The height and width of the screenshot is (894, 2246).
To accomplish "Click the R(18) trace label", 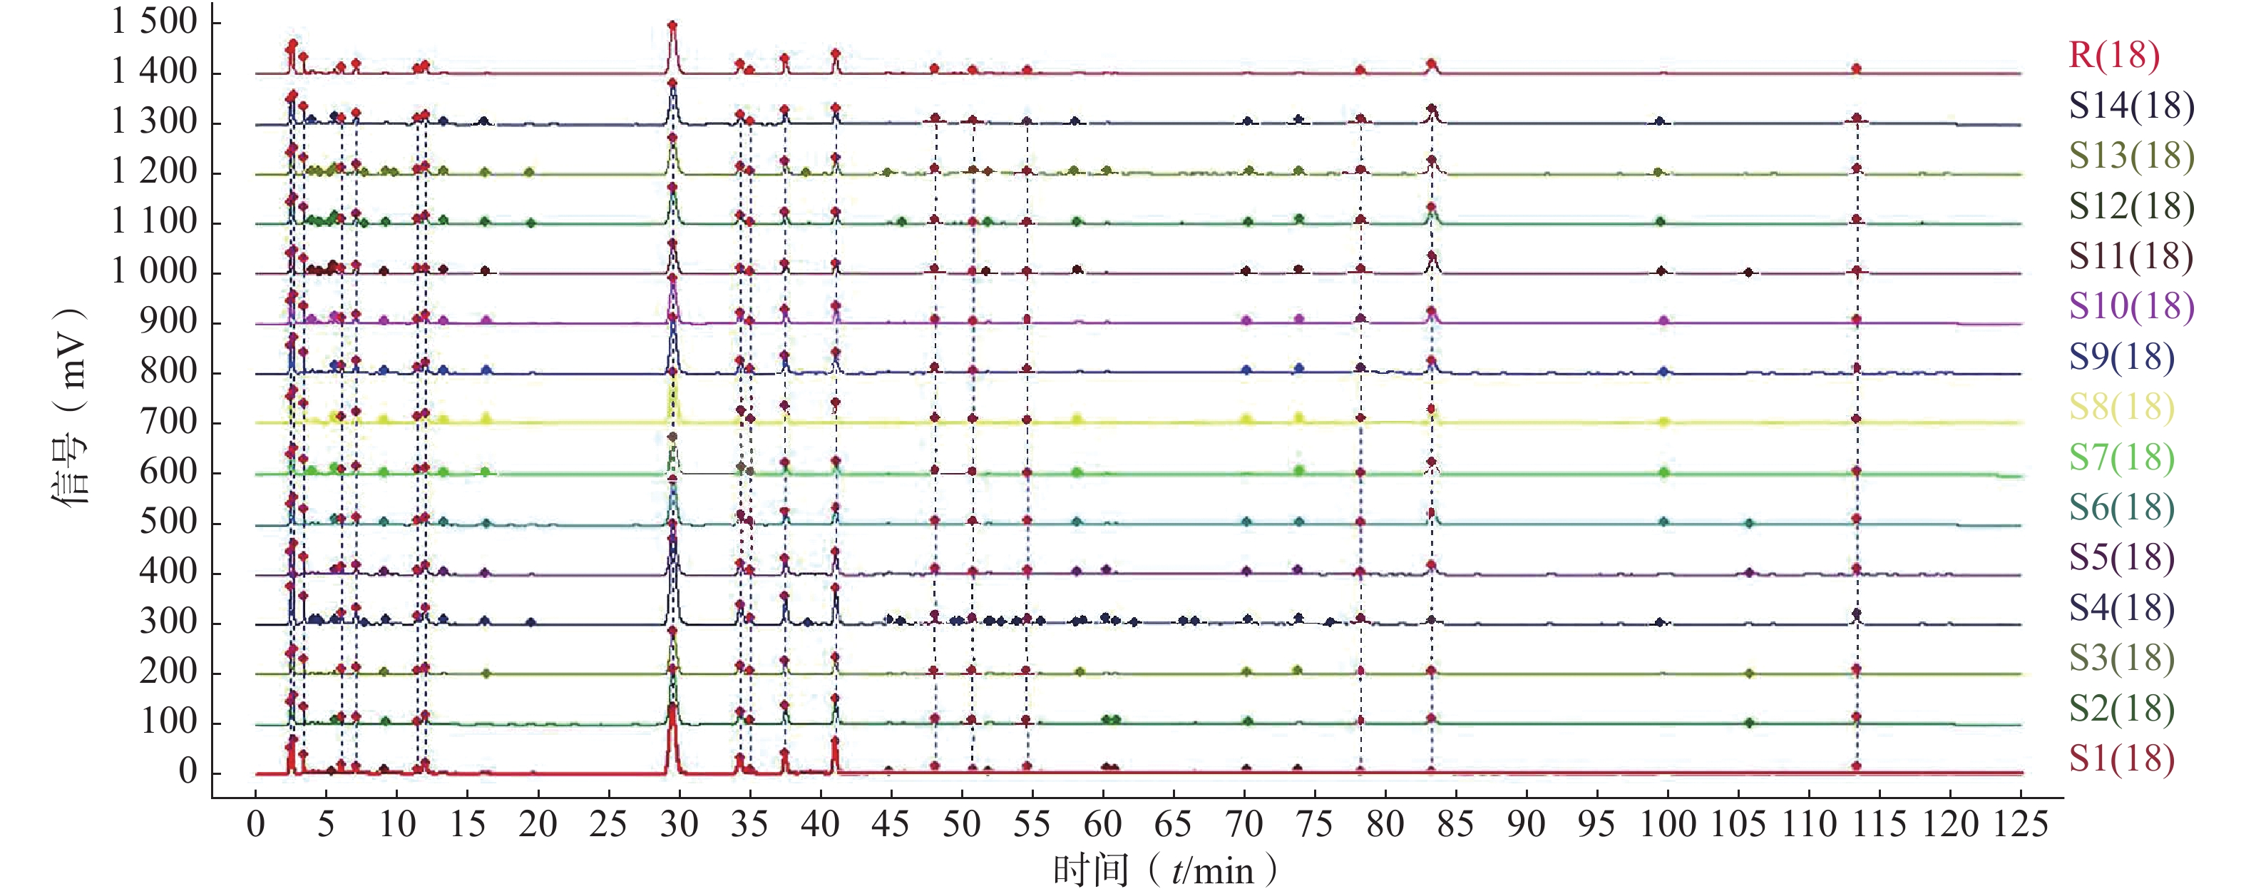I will pos(2113,55).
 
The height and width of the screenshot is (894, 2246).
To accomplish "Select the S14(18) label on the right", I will pos(2131,106).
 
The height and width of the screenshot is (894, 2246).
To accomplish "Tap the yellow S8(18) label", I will pos(2121,407).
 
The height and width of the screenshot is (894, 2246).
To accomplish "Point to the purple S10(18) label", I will pos(2131,306).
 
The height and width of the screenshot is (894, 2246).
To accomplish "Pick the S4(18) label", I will pos(2121,608).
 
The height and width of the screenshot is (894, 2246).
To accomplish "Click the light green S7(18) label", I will pos(2121,457).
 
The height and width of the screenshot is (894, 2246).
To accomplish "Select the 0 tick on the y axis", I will pos(188,772).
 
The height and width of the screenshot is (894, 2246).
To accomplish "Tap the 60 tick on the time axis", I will pos(1102,824).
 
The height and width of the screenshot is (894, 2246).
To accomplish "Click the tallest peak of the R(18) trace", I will pos(672,27).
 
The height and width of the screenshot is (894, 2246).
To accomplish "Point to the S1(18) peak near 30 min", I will pos(672,708).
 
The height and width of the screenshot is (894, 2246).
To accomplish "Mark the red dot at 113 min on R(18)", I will pos(1856,68).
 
